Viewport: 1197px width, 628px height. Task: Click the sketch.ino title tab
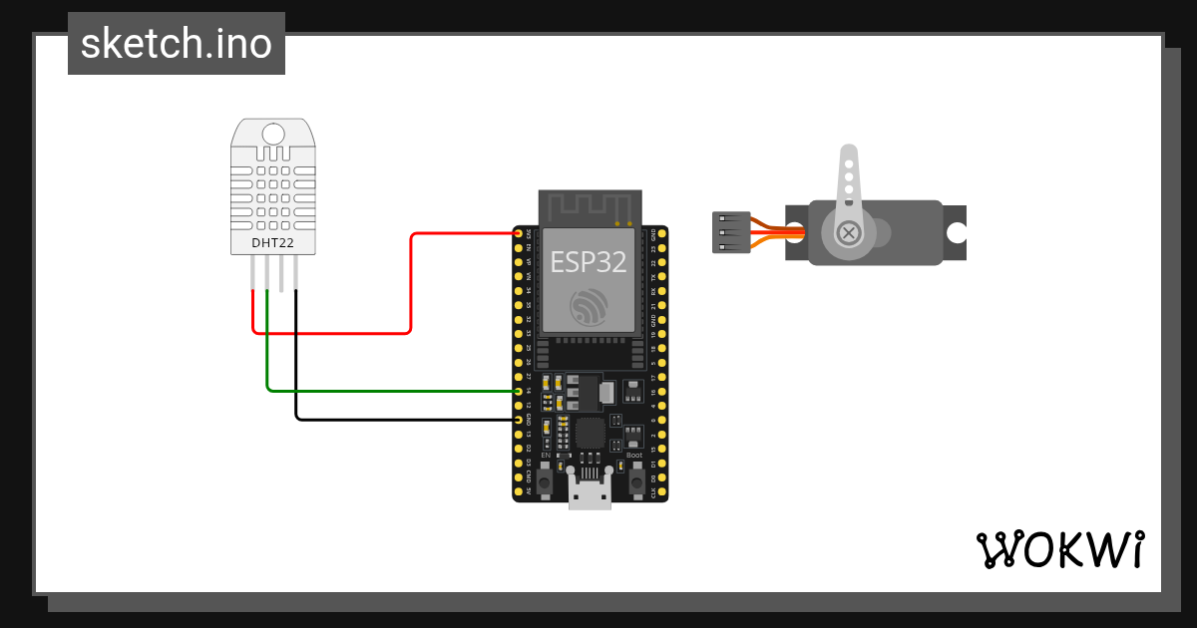click(177, 44)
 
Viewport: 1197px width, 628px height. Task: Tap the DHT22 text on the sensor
click(271, 242)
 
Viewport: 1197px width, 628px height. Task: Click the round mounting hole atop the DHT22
click(272, 134)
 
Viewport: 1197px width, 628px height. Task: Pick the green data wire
click(389, 390)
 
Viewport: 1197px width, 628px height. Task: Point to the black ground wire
click(399, 419)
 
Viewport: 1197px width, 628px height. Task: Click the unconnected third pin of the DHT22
click(281, 273)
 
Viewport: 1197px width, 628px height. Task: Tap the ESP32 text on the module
click(589, 261)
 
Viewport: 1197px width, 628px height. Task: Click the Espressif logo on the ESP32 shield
click(589, 306)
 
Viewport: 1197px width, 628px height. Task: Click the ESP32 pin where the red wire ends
click(519, 233)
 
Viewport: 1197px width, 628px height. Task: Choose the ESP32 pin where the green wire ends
click(519, 391)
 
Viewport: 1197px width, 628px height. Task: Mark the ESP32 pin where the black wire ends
click(519, 420)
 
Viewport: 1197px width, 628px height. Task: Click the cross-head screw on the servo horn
click(848, 233)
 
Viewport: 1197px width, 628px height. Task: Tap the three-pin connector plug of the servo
click(731, 232)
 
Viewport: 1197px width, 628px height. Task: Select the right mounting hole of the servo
click(956, 233)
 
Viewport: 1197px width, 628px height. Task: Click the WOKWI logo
click(1059, 549)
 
